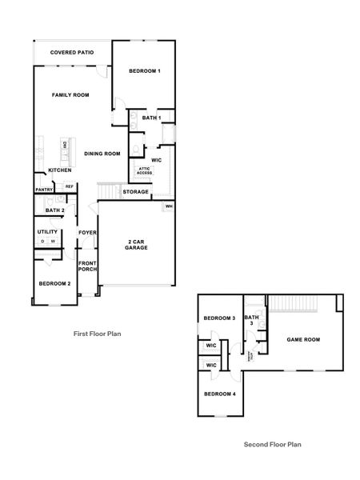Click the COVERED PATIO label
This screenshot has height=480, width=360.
tap(71, 53)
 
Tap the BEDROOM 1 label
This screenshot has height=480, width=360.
tap(145, 71)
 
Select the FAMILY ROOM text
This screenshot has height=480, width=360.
tap(70, 95)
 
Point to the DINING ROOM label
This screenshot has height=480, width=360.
tap(102, 154)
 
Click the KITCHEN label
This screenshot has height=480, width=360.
tap(60, 170)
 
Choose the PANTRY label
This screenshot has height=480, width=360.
tap(43, 190)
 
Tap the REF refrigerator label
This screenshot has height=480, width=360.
tap(69, 186)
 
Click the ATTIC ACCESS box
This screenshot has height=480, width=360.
tap(144, 170)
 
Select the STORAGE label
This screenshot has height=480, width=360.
tap(135, 192)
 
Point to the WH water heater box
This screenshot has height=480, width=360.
tap(169, 206)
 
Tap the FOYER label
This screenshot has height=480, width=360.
tap(87, 233)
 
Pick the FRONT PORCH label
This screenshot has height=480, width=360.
tap(87, 266)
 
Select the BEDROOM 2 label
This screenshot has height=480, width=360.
tap(54, 284)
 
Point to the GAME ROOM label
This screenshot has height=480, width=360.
tap(303, 339)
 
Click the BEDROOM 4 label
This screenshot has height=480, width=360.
tap(219, 394)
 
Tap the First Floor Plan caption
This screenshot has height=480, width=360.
tap(97, 334)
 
